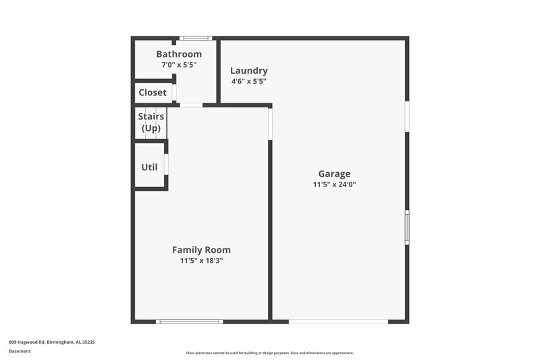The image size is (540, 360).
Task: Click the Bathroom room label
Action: coord(179,54)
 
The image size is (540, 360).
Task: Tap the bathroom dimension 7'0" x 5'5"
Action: coord(179,65)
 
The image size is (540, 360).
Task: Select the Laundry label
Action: coord(249,70)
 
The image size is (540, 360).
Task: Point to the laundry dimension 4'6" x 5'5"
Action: coord(249,81)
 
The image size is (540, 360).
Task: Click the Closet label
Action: coord(153,93)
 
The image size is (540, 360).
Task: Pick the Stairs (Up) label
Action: coord(152,122)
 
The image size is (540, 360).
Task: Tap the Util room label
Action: coord(149,167)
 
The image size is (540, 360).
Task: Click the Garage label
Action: coord(334,174)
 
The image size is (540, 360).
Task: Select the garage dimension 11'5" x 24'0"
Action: coord(334,184)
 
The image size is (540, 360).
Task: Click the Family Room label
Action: coord(201,250)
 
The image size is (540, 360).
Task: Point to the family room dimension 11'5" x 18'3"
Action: coord(201,261)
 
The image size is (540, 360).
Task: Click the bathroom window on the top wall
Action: coord(195,38)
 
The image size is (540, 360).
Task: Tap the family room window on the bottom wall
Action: coord(190,322)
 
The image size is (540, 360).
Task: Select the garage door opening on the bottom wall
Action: coord(338,322)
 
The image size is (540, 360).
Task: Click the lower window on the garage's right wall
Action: coord(407,227)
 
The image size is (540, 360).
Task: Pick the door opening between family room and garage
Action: coord(270,124)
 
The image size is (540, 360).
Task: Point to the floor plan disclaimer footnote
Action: coord(269,353)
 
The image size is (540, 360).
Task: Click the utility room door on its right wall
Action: coord(166,164)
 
